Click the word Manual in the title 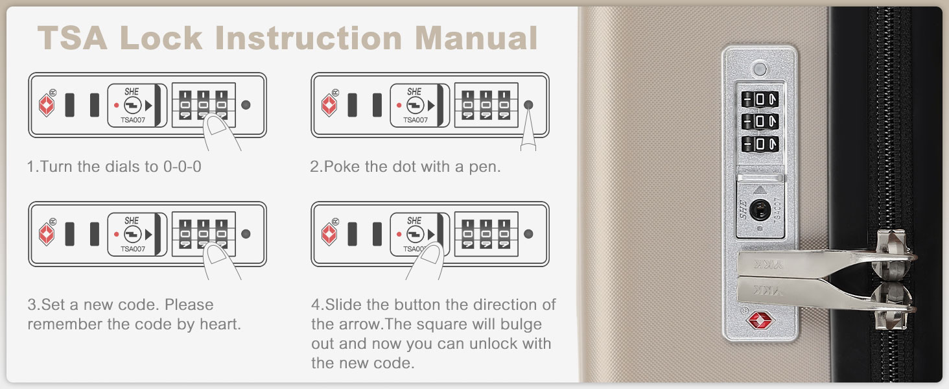tap(476, 38)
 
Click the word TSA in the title tap(73, 38)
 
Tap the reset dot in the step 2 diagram tap(528, 104)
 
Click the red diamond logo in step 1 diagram tap(47, 104)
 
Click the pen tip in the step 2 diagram tap(528, 111)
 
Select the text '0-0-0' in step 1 tap(182, 167)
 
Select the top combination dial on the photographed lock tap(760, 100)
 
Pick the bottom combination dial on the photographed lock tap(760, 144)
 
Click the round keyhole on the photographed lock tap(760, 209)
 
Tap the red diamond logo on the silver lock tap(760, 320)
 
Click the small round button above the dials tap(760, 69)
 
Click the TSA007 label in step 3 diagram tap(133, 249)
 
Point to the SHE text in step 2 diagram tap(414, 91)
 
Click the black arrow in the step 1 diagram tap(148, 105)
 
